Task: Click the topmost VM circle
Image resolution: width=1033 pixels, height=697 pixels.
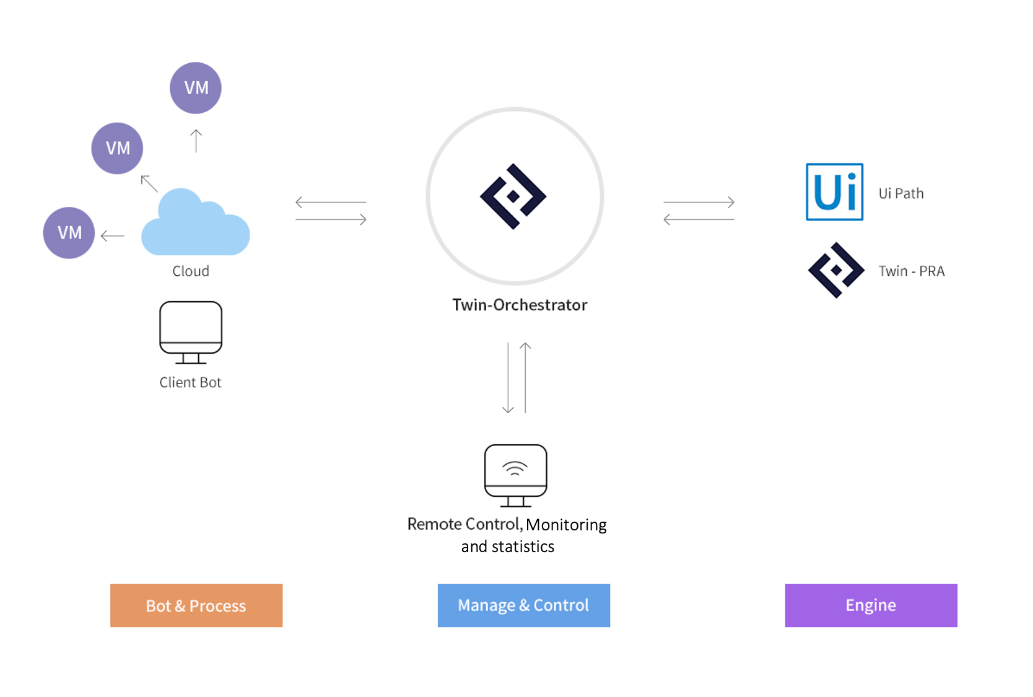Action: (196, 88)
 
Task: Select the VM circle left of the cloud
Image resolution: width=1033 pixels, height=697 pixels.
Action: (69, 233)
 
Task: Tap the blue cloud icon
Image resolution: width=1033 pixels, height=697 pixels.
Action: (195, 224)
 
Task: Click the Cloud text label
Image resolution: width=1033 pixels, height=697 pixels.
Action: (191, 271)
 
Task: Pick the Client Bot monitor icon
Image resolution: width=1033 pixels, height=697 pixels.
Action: (191, 331)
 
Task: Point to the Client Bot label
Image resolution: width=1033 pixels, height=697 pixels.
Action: (190, 383)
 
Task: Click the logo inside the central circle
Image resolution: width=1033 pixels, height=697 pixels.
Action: (513, 196)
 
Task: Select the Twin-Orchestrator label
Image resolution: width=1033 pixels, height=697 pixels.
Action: (520, 305)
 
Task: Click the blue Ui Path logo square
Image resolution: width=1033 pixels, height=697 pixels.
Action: (834, 192)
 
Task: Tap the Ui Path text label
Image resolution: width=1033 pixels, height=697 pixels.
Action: (901, 194)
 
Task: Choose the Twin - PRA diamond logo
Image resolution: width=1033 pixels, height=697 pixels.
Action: (836, 270)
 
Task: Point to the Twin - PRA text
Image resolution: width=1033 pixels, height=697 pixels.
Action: (911, 271)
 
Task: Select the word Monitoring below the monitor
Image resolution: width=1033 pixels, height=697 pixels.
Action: (566, 525)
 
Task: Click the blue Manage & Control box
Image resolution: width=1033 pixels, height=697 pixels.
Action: (523, 605)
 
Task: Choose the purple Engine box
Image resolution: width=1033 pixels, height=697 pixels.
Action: (871, 605)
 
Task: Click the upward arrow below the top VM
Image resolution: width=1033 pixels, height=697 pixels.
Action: (196, 141)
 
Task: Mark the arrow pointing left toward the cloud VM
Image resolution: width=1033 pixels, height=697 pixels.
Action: (112, 236)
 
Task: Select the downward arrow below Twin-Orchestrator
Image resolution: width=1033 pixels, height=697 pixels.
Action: (508, 378)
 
